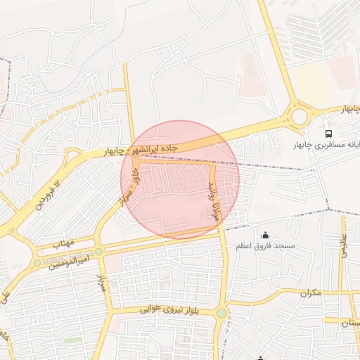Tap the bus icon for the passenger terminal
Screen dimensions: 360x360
pos(328,133)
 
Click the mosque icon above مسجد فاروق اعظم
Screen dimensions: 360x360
pos(265,235)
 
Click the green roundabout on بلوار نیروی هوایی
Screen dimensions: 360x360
pos(222,312)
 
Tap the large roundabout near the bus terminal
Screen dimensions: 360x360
pos(300,115)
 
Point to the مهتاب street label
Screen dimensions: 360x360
pos(63,243)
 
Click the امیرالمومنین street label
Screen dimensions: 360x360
pos(68,262)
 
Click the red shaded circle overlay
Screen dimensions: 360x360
pos(180,179)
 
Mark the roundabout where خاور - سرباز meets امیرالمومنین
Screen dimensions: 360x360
pos(99,251)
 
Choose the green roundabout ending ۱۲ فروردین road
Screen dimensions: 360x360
pos(37,263)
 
